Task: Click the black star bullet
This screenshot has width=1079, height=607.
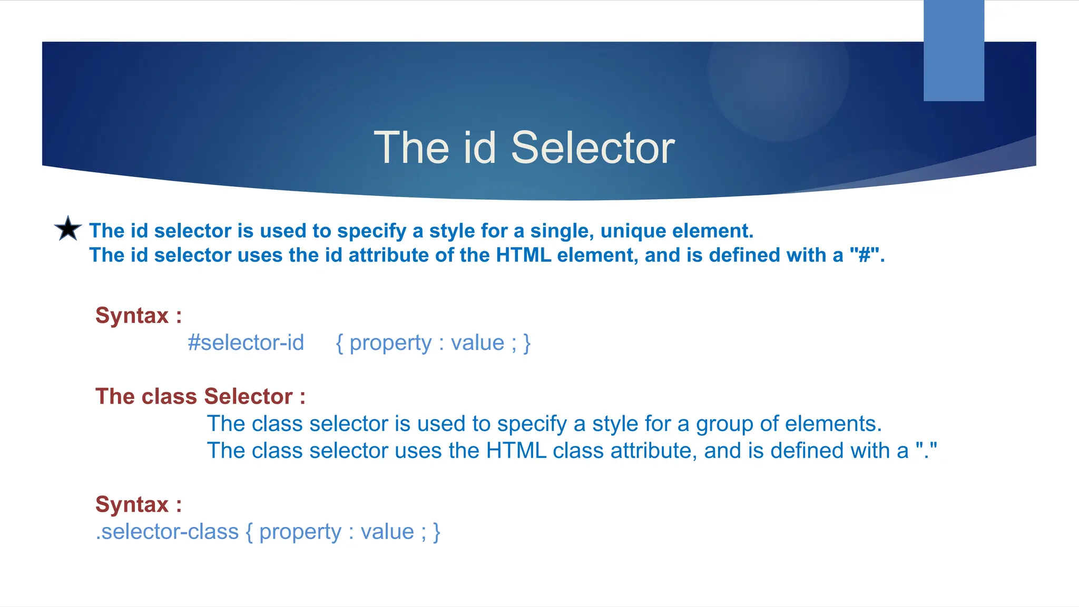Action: click(x=68, y=229)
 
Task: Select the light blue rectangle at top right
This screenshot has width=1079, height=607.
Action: click(x=954, y=51)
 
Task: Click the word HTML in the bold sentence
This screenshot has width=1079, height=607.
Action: click(x=523, y=255)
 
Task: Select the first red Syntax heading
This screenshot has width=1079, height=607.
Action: click(x=139, y=316)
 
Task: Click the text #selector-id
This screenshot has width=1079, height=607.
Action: click(x=246, y=343)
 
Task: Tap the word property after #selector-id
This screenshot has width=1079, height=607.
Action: click(x=390, y=343)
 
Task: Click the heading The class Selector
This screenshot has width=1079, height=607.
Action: click(x=200, y=396)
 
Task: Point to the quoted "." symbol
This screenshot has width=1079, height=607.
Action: click(x=927, y=451)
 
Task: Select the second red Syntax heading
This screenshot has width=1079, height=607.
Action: click(x=139, y=504)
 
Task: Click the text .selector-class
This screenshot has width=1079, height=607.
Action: click(x=167, y=532)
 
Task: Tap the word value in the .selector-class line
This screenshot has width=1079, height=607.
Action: click(x=387, y=532)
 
